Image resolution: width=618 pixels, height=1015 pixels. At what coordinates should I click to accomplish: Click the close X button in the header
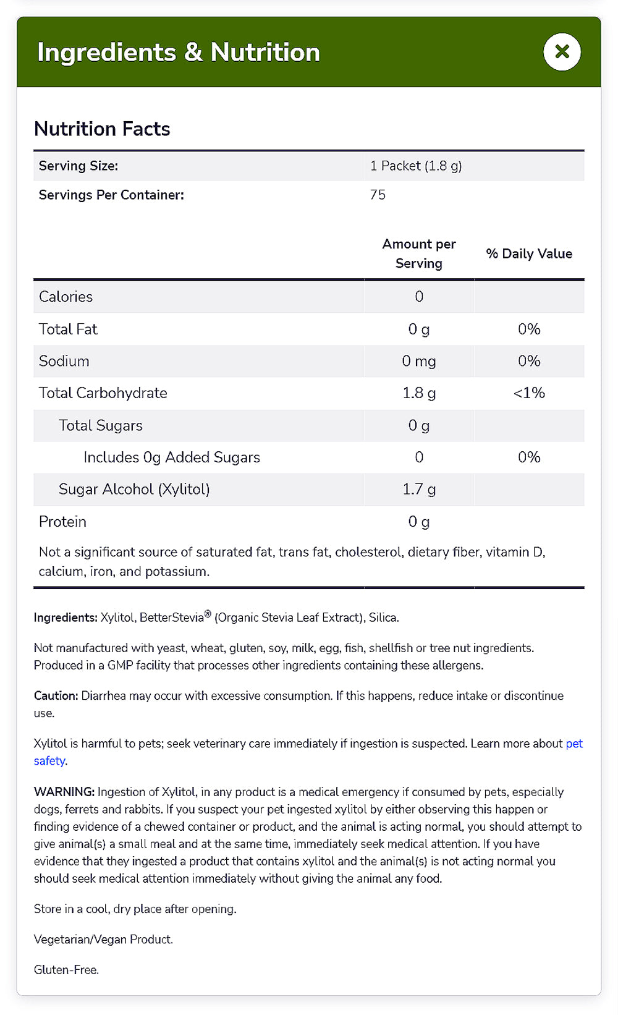(562, 52)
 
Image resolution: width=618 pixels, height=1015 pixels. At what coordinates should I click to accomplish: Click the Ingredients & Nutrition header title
(179, 53)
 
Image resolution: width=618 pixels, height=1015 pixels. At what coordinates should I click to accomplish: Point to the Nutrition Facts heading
(102, 129)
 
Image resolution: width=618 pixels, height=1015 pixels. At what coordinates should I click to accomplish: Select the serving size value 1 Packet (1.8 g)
(416, 166)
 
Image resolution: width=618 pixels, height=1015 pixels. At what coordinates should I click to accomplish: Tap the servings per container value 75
(378, 195)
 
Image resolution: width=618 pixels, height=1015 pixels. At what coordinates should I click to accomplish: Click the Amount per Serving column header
(419, 253)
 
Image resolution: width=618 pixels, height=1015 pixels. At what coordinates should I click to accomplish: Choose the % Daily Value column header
(529, 253)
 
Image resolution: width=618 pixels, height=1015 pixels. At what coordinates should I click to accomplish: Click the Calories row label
(66, 297)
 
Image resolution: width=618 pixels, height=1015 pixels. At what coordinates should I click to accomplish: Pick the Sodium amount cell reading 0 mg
(419, 361)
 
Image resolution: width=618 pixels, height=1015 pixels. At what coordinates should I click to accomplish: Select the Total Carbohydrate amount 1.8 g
(419, 393)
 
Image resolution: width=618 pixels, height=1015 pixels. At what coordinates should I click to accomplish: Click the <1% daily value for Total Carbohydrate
(529, 393)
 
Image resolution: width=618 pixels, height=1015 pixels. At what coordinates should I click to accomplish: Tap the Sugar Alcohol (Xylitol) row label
(134, 490)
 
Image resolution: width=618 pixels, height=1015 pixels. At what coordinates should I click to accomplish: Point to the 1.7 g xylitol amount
(419, 490)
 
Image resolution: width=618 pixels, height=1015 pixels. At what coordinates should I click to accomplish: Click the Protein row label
(62, 522)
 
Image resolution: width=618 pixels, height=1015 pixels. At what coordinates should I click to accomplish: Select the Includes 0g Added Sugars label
(172, 457)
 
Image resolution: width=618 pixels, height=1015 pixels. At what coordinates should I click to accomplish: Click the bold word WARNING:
(64, 792)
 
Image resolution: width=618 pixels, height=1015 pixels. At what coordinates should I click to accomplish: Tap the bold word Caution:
(56, 696)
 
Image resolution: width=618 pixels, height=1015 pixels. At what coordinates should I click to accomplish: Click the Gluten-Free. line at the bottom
(66, 970)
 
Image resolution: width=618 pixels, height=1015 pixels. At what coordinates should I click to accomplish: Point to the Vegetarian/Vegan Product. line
(103, 940)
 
